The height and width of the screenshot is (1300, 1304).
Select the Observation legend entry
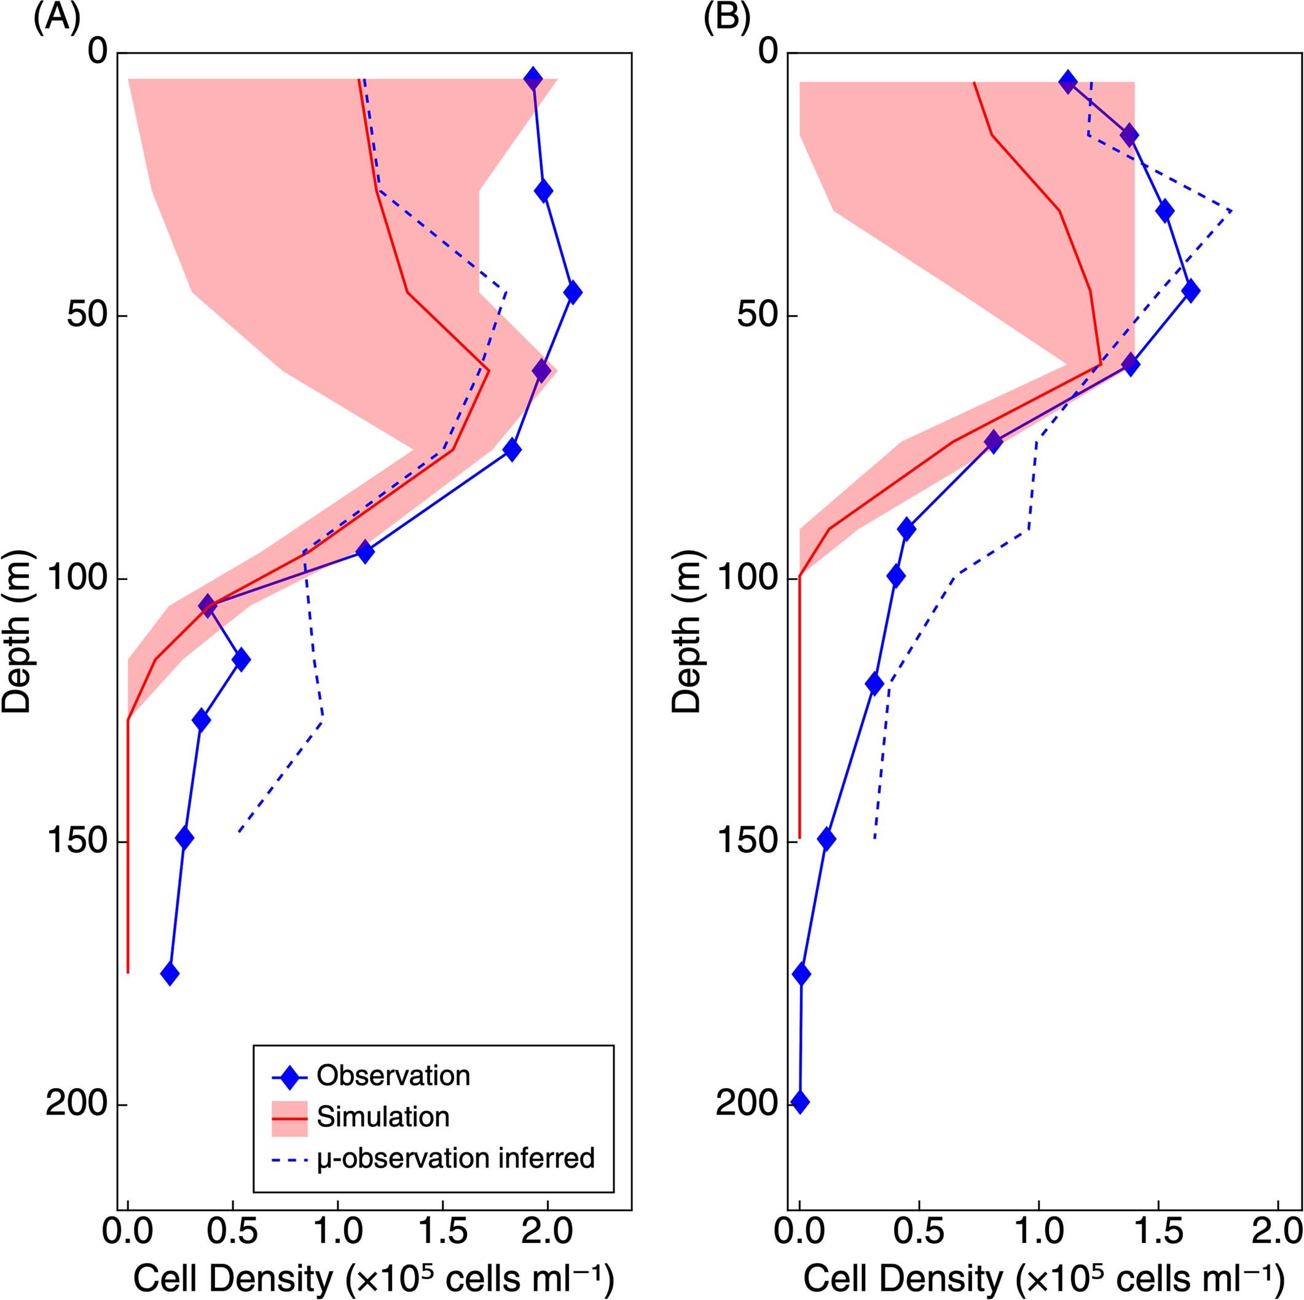coord(393,1075)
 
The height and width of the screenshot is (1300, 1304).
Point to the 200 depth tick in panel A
coord(76,1105)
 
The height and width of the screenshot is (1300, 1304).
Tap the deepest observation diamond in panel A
coord(170,974)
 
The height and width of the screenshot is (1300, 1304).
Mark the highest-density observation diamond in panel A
coord(572,292)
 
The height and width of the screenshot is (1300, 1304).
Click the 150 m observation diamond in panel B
coord(826,839)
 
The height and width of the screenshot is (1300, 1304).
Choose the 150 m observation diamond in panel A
coord(184,838)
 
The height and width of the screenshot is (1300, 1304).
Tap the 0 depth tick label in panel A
coord(98,52)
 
